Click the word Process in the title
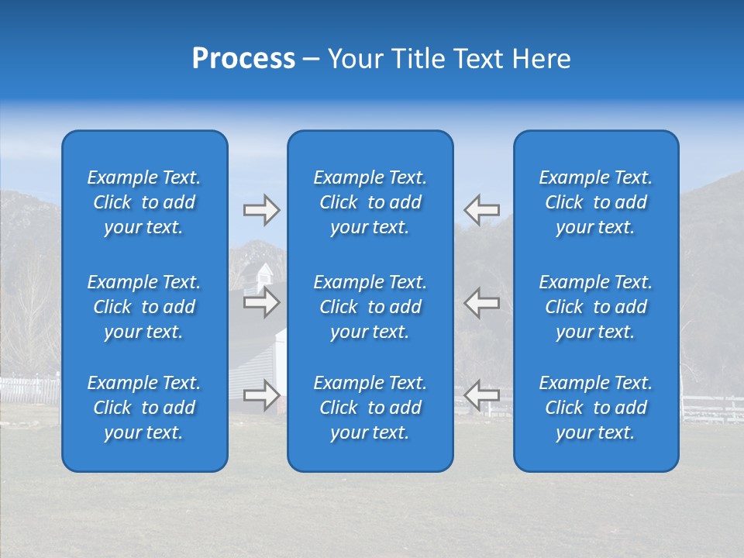click(x=243, y=59)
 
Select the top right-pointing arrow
click(x=261, y=209)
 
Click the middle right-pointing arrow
click(x=261, y=302)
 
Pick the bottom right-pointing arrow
click(x=261, y=395)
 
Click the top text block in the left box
click(x=144, y=202)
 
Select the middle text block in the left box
click(x=144, y=307)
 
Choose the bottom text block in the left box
click(x=144, y=408)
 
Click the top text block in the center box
click(x=370, y=202)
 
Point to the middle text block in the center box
click(x=370, y=307)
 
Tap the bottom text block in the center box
click(x=370, y=408)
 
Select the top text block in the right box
click(x=595, y=202)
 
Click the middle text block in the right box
click(x=595, y=307)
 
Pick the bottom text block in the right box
click(x=595, y=408)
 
